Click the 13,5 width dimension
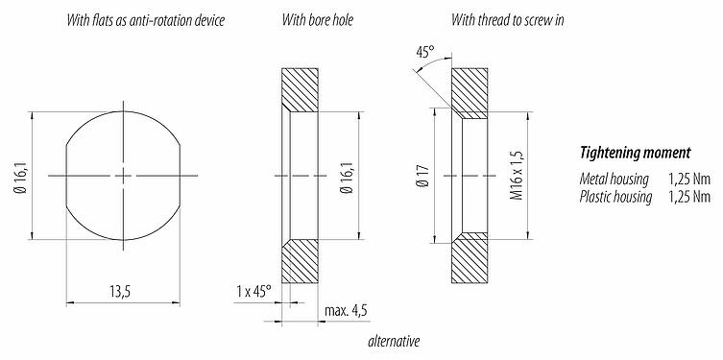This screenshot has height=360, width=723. tap(120, 291)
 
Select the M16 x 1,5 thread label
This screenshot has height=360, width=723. tap(517, 177)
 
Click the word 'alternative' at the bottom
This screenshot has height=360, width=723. tap(394, 342)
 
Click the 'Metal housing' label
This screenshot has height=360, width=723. tap(615, 180)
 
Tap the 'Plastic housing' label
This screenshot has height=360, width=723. tap(616, 197)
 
